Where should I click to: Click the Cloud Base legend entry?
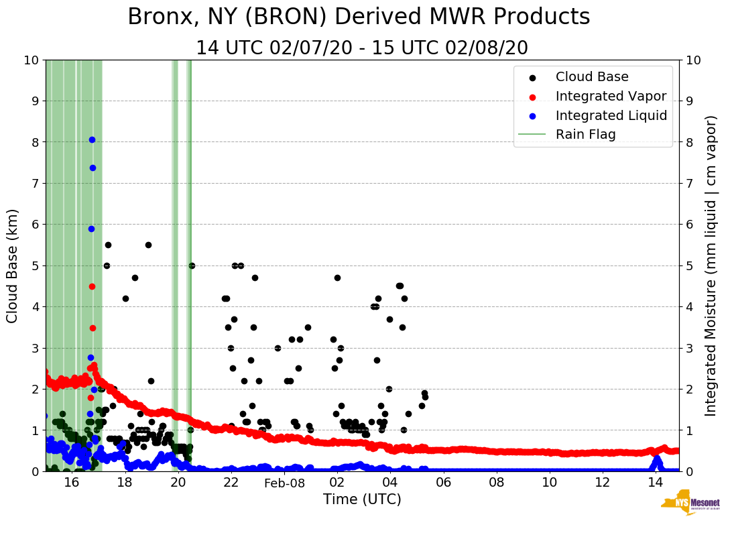[592, 77]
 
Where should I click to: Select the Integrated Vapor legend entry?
[611, 96]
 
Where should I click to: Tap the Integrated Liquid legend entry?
[611, 115]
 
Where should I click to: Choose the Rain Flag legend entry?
[585, 134]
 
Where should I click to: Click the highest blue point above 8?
[92, 139]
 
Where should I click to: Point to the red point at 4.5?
[92, 286]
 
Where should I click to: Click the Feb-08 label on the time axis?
[284, 483]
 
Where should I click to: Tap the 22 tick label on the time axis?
[231, 483]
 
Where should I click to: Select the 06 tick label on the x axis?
[443, 483]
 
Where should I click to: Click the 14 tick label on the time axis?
[656, 483]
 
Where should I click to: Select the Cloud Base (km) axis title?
[13, 265]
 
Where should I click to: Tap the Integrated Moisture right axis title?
[711, 265]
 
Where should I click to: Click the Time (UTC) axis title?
[362, 499]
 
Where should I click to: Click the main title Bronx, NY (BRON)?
[359, 17]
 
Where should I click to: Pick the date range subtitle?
[362, 48]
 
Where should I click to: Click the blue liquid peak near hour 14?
[657, 459]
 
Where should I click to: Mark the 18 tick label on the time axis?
[125, 483]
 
